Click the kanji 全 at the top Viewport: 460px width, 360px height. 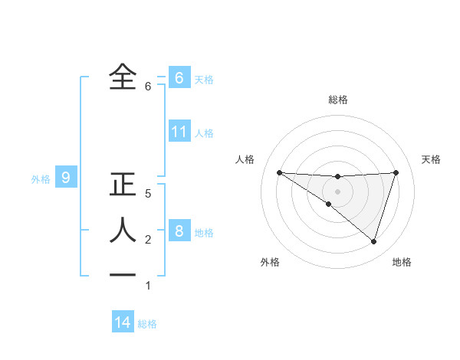[123, 77]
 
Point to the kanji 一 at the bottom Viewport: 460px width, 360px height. [123, 275]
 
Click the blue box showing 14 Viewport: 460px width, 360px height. [123, 322]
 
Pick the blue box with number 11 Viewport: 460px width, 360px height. [179, 132]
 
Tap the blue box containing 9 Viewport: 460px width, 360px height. [66, 178]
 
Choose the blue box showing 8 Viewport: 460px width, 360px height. [179, 231]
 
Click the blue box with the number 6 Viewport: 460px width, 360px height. [179, 77]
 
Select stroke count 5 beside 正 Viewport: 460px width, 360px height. [148, 194]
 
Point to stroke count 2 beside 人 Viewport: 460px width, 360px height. [148, 240]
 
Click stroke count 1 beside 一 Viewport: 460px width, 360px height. [148, 286]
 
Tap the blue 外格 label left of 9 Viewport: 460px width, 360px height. [41, 179]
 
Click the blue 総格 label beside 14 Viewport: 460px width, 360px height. [147, 324]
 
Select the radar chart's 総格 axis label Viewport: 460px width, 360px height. [337, 100]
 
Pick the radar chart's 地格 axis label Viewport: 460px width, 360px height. [402, 262]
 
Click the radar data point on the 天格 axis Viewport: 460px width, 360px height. [396, 172]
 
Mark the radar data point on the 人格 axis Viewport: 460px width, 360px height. [279, 172]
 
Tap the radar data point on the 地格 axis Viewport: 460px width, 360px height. [373, 241]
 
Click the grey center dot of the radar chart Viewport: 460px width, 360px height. [337, 191]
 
